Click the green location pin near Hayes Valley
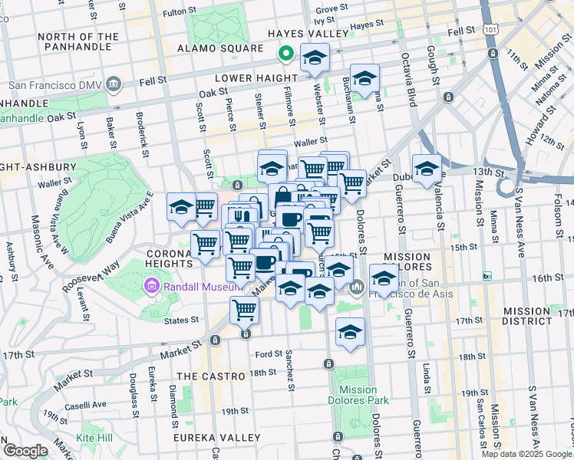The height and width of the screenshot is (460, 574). coord(285,54)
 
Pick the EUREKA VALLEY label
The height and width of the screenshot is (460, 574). coord(219,437)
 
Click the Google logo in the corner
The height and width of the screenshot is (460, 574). coord(25,450)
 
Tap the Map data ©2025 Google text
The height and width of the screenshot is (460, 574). coord(526,454)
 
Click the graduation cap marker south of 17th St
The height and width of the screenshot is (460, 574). coord(350,332)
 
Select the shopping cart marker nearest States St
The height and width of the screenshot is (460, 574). coord(244,310)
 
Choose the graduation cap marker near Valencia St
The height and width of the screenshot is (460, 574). coord(427,169)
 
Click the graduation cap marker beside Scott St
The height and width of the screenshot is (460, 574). coord(181,207)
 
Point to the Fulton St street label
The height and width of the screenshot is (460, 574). coord(180,12)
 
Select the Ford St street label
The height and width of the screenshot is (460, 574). coord(269,354)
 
